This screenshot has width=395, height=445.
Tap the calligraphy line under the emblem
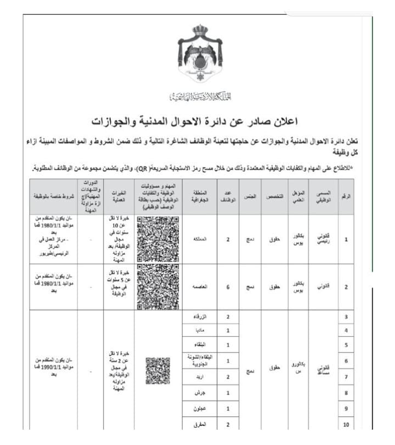click(x=200, y=97)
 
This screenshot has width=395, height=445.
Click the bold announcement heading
click(x=200, y=121)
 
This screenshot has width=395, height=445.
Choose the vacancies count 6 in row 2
click(x=228, y=286)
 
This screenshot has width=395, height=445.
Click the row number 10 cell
click(x=346, y=425)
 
